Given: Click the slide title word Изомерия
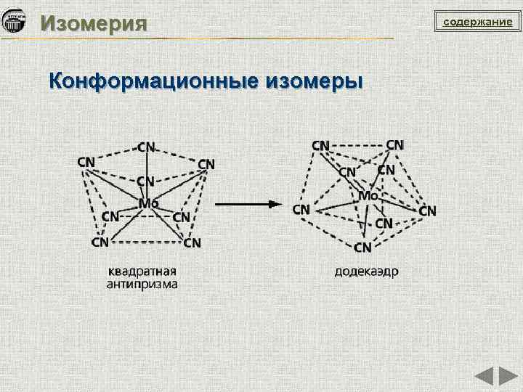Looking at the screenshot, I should pyautogui.click(x=94, y=23).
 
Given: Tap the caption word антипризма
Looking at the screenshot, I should pyautogui.click(x=142, y=285).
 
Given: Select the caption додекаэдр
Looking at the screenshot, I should pyautogui.click(x=366, y=272).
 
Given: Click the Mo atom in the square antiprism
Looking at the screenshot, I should pyautogui.click(x=148, y=203).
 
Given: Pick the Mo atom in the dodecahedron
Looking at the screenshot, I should pyautogui.click(x=368, y=196).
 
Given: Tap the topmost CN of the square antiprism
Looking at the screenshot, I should pyautogui.click(x=147, y=147).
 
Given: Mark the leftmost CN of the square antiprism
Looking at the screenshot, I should pyautogui.click(x=86, y=161).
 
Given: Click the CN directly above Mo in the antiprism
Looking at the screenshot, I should pyautogui.click(x=145, y=181).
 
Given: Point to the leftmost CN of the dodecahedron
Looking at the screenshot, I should pyautogui.click(x=301, y=209).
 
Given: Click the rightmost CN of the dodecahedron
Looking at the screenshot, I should pyautogui.click(x=428, y=211).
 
